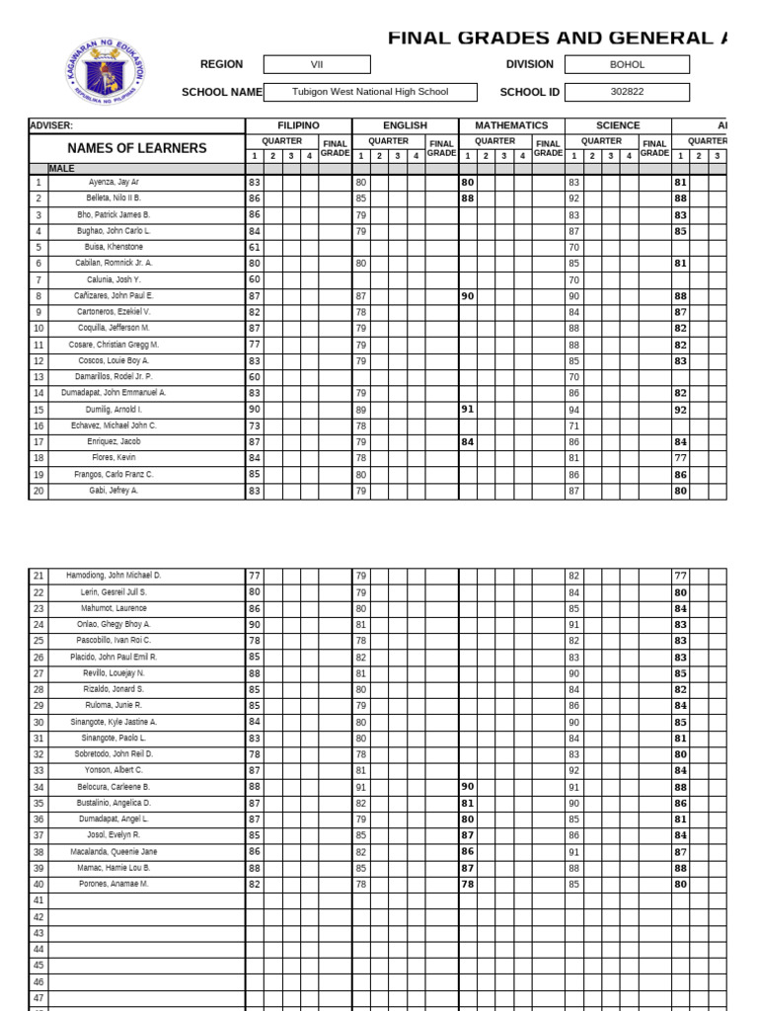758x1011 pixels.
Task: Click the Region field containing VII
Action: point(317,64)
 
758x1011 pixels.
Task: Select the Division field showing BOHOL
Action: point(627,64)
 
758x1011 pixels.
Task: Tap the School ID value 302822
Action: point(627,92)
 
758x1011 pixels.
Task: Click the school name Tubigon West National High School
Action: point(370,92)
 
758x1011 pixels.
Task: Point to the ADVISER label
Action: point(51,125)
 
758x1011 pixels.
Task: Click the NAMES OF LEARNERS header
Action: point(137,148)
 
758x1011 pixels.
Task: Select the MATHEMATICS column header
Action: point(511,125)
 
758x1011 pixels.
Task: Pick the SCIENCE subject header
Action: point(618,125)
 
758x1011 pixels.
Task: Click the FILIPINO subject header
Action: point(298,125)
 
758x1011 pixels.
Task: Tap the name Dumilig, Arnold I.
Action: point(114,409)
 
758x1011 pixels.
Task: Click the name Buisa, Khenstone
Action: point(114,247)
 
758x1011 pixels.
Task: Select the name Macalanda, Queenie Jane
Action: point(114,851)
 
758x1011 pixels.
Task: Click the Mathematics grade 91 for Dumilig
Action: point(467,409)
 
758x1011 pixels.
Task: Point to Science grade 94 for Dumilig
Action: point(573,409)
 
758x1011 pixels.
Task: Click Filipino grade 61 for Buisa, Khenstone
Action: point(255,247)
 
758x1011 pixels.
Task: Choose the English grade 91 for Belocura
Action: point(361,787)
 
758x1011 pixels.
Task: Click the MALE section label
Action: point(61,169)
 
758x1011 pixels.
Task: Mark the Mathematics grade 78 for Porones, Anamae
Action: point(467,884)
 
